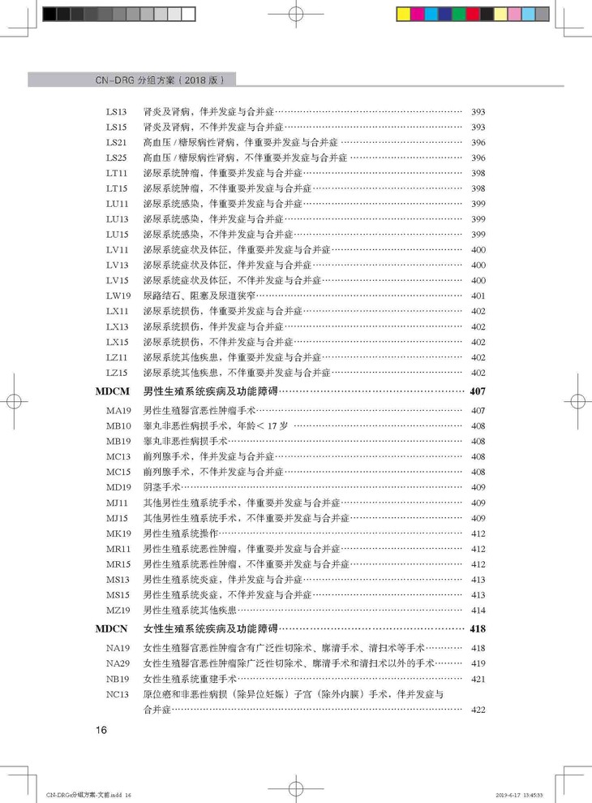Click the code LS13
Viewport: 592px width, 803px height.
pyautogui.click(x=117, y=112)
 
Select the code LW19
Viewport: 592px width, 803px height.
pyautogui.click(x=118, y=296)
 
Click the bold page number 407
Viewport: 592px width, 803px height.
pyautogui.click(x=477, y=391)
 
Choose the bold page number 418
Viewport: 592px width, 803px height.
pyautogui.click(x=477, y=628)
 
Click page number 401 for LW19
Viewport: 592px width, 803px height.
pyautogui.click(x=478, y=296)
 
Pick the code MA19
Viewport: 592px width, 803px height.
pyautogui.click(x=118, y=410)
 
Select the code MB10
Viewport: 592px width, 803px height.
pyautogui.click(x=118, y=425)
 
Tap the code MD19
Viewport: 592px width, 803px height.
pyautogui.click(x=118, y=486)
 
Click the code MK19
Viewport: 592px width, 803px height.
pyautogui.click(x=118, y=533)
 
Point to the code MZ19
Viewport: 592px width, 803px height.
pyautogui.click(x=118, y=609)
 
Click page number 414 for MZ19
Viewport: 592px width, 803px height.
pyautogui.click(x=478, y=609)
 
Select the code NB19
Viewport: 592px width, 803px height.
pyautogui.click(x=118, y=678)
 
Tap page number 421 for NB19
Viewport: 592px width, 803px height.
pyautogui.click(x=478, y=678)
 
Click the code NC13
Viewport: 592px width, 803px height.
pyautogui.click(x=118, y=693)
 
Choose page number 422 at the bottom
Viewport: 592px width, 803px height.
pyautogui.click(x=478, y=710)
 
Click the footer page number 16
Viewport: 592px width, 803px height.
pyautogui.click(x=101, y=730)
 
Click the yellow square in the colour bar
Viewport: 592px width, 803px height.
pyautogui.click(x=404, y=14)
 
